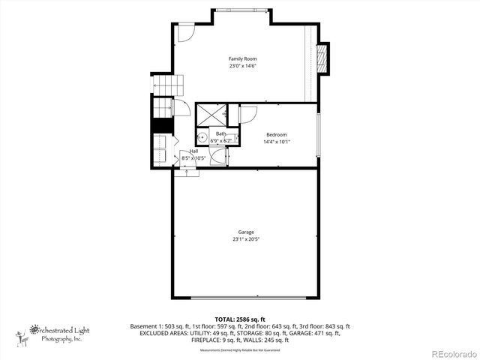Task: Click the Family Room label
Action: point(238,58)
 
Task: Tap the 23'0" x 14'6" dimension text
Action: point(238,66)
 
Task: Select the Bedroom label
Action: point(275,134)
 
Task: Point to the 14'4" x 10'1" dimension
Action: point(275,142)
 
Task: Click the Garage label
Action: point(245,232)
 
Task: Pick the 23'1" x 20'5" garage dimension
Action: point(245,240)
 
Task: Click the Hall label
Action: point(193,151)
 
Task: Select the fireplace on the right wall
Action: point(323,59)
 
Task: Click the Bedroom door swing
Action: point(248,113)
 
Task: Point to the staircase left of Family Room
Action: point(163,85)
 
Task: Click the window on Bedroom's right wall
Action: point(319,134)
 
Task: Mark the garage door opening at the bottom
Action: point(245,298)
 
